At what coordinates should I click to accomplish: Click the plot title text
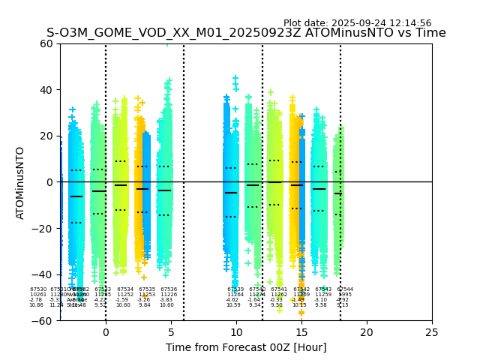246,33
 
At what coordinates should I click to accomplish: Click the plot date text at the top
357,23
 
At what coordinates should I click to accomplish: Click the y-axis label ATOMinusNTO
21,182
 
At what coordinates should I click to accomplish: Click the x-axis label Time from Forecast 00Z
246,347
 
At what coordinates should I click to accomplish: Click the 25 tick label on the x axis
432,332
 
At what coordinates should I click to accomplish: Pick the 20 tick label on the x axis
367,332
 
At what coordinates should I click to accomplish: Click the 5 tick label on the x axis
171,332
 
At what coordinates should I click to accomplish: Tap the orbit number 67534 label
125,289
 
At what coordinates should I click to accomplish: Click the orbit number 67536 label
169,289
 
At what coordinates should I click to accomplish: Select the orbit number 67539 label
235,289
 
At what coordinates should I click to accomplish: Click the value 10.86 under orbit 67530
36,305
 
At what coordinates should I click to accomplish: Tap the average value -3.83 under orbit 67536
166,300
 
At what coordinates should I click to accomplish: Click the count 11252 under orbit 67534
125,295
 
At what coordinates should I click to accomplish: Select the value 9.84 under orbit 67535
144,305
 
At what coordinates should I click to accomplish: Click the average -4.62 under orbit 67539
232,300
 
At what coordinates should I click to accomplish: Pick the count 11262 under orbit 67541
279,295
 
